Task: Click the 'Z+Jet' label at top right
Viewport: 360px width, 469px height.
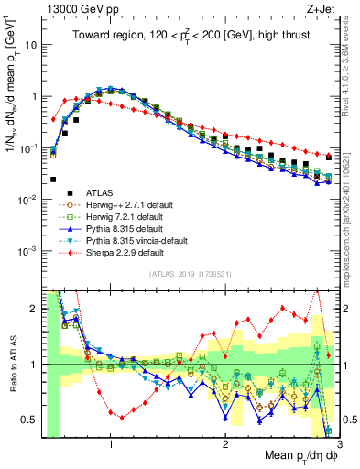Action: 322,8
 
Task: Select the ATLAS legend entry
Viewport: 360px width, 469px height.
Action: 107,192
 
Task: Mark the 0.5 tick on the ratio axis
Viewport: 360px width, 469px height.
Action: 31,420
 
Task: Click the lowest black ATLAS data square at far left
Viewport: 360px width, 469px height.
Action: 53,180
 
